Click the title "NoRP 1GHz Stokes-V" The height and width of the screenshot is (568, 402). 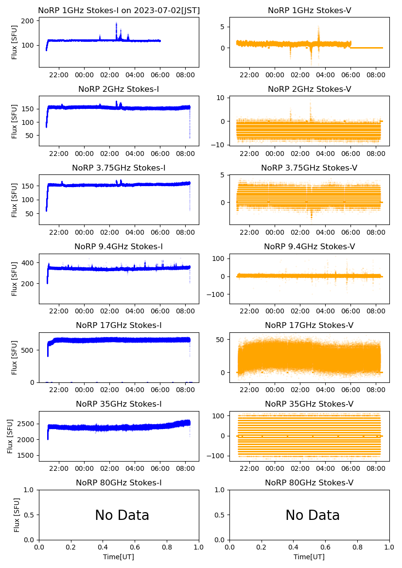[x=309, y=11]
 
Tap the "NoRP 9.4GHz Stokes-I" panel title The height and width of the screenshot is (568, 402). [x=119, y=247]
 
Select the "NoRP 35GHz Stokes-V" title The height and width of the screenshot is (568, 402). [x=309, y=404]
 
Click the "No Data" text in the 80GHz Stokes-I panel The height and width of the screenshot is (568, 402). [x=122, y=515]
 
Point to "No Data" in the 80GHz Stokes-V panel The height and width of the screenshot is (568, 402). [x=313, y=515]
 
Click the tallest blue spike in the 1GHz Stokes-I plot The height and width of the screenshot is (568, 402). [x=117, y=24]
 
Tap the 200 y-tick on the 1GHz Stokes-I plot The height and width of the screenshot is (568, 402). [x=28, y=21]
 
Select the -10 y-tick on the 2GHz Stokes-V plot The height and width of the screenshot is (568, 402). [x=221, y=145]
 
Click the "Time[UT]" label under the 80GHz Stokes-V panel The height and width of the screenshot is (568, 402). [x=309, y=557]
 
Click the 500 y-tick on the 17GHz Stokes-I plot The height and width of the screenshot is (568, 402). [x=28, y=350]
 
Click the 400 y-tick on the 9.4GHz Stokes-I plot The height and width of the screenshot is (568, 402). [x=28, y=263]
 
